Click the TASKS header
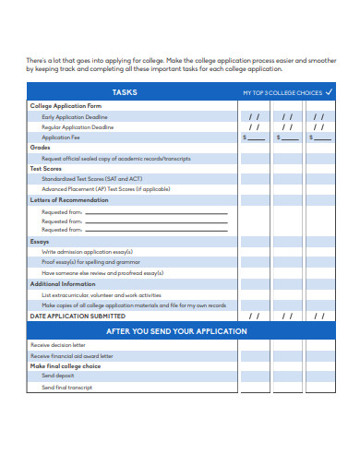[125, 92]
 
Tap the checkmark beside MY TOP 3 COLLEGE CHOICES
[330, 92]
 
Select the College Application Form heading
[66, 107]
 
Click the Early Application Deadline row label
[75, 117]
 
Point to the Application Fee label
[62, 137]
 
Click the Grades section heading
[40, 147]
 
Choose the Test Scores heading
[45, 169]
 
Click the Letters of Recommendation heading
[70, 200]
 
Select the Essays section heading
[41, 242]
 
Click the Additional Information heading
[63, 284]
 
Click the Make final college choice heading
[66, 366]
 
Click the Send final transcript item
[66, 388]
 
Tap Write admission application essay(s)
[88, 252]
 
